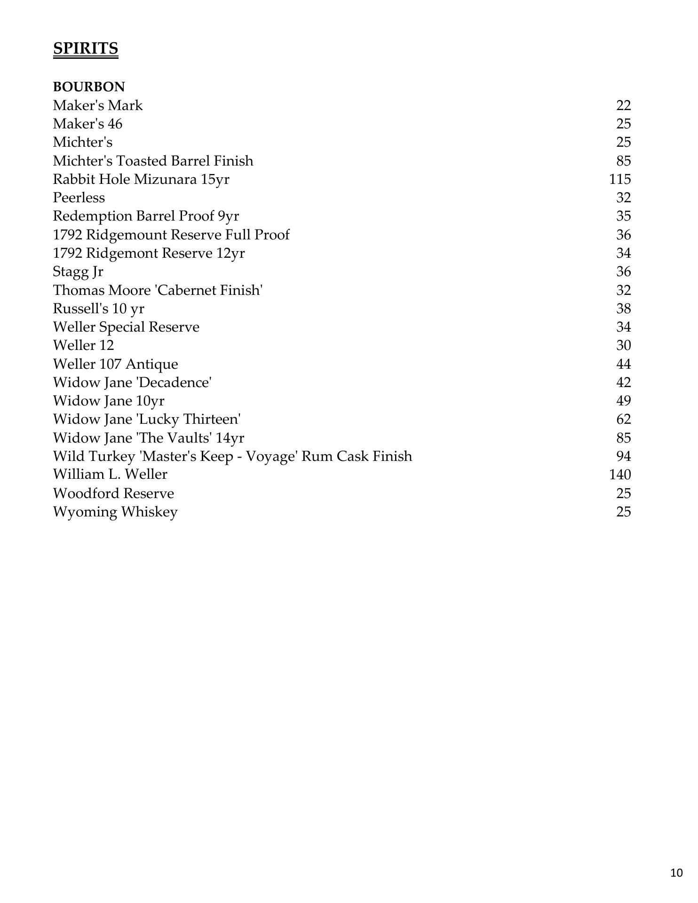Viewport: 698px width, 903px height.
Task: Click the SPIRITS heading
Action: [85, 48]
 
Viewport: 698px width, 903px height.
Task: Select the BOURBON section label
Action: [89, 87]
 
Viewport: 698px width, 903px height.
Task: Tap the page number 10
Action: [676, 873]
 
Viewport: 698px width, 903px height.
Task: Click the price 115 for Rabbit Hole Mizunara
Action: [619, 179]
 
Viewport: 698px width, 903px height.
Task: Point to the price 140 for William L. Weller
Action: [619, 474]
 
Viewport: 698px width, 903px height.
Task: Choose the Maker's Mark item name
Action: [97, 105]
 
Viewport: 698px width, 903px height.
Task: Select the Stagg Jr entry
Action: [78, 272]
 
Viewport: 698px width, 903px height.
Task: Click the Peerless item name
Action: [79, 198]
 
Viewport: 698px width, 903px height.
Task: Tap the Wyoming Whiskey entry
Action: [115, 512]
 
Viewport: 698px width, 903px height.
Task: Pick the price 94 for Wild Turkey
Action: [623, 456]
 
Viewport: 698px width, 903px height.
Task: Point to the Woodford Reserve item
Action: [113, 493]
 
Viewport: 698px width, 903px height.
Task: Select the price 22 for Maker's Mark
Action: [623, 105]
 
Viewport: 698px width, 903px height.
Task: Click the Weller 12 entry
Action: [83, 345]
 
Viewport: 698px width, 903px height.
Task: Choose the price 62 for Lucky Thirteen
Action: [623, 419]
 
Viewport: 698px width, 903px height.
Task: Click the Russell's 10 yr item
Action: [98, 309]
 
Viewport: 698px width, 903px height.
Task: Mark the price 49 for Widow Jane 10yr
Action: [623, 401]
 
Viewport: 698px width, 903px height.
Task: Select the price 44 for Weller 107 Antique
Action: [623, 364]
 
